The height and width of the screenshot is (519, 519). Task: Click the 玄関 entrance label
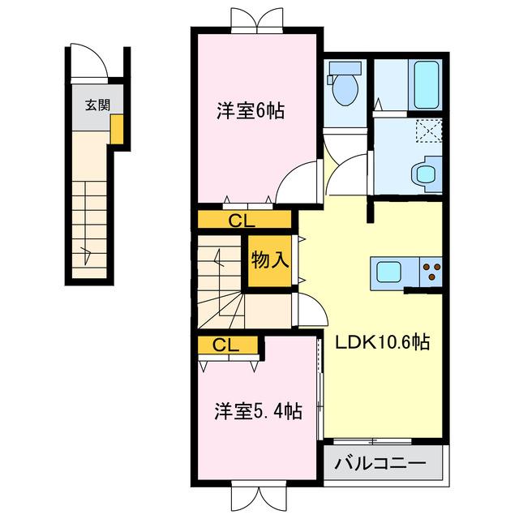[x=97, y=104]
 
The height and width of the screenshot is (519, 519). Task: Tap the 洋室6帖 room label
[x=250, y=112]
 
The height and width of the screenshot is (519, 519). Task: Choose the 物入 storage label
[x=269, y=260]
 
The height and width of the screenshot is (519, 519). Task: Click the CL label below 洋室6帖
[x=241, y=219]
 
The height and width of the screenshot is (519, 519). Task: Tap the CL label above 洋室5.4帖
[x=226, y=345]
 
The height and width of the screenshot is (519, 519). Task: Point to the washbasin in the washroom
[x=424, y=174]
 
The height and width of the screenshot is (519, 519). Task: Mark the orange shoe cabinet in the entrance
[x=118, y=130]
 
